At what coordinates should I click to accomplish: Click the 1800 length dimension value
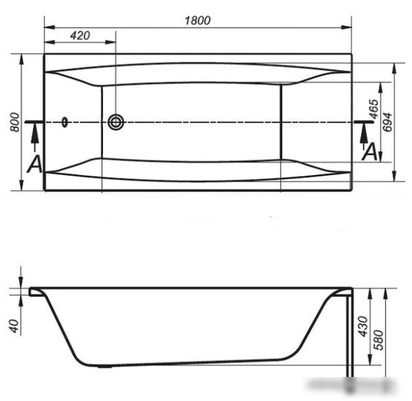(x=198, y=20)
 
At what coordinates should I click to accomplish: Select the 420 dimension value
(x=80, y=36)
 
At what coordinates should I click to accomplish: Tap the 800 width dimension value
(x=15, y=122)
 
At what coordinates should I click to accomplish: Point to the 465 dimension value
(x=373, y=109)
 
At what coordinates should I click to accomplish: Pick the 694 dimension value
(x=387, y=122)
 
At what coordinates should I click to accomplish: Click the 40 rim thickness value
(x=15, y=326)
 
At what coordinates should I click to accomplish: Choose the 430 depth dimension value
(x=363, y=327)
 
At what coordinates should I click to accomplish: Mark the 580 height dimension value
(x=378, y=340)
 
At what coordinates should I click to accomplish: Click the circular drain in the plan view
(x=116, y=122)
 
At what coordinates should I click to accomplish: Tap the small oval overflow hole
(x=65, y=122)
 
